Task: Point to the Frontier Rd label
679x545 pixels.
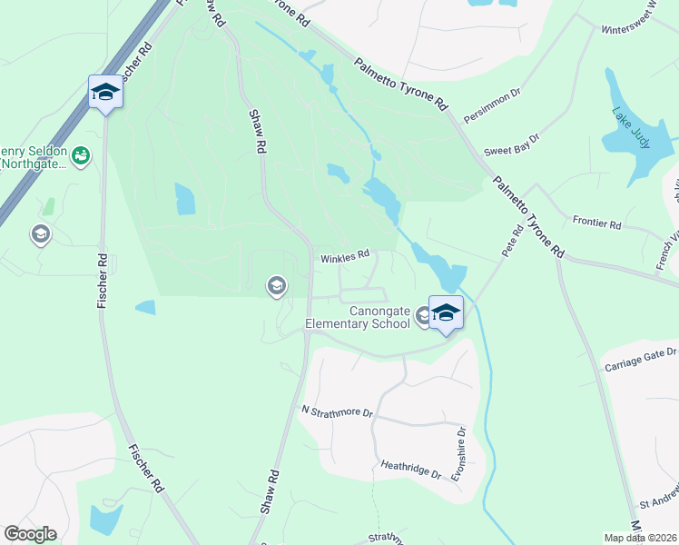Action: click(x=596, y=223)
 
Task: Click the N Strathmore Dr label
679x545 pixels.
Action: click(x=337, y=411)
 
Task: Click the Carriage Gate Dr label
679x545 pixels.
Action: click(x=641, y=359)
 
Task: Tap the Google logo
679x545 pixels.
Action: click(x=30, y=534)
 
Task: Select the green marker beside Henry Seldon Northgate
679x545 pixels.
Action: click(x=81, y=156)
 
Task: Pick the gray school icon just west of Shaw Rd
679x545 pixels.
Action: click(x=276, y=287)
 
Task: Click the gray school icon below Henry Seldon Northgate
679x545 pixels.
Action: click(x=40, y=235)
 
